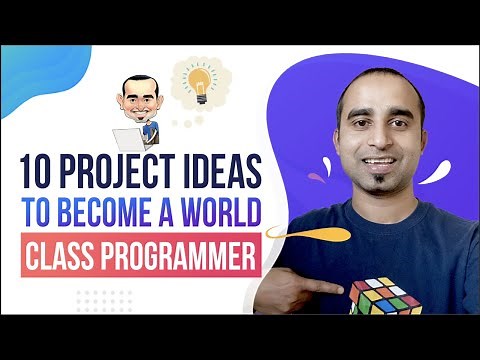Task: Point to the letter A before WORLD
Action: point(171,215)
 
